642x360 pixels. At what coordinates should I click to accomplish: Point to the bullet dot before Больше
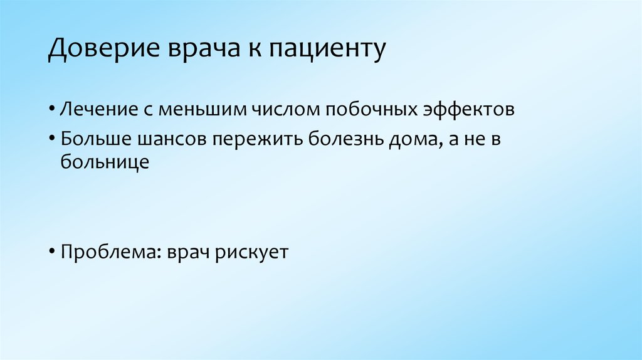click(x=52, y=139)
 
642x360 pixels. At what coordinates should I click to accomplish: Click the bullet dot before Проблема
click(x=52, y=253)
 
